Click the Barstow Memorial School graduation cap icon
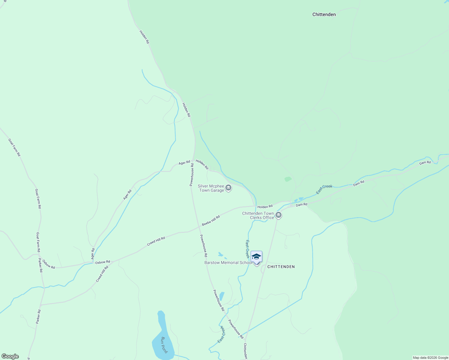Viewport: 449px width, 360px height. [256, 256]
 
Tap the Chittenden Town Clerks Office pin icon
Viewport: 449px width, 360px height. [279, 215]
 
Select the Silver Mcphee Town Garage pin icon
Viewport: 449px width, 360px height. [228, 188]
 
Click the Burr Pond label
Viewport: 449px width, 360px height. [164, 345]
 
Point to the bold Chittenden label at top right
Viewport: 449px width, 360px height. [324, 14]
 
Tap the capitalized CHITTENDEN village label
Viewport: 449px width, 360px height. [281, 267]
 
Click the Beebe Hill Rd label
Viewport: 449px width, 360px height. [211, 220]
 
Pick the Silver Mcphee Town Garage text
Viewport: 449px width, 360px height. [211, 188]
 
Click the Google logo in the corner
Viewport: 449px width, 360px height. [10, 356]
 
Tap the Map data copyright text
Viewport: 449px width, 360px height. [430, 358]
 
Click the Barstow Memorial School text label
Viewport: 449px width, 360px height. [228, 262]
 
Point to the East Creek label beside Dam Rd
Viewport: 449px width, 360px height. [324, 189]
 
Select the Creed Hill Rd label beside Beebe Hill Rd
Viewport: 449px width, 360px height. [156, 241]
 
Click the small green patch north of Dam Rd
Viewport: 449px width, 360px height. [288, 179]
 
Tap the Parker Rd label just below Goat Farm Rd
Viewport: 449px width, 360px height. [41, 265]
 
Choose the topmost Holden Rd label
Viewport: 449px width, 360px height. [144, 37]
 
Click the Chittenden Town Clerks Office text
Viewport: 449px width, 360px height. [258, 215]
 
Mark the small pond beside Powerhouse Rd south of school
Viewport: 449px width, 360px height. [222, 296]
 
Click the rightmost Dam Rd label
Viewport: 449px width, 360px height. [425, 163]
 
